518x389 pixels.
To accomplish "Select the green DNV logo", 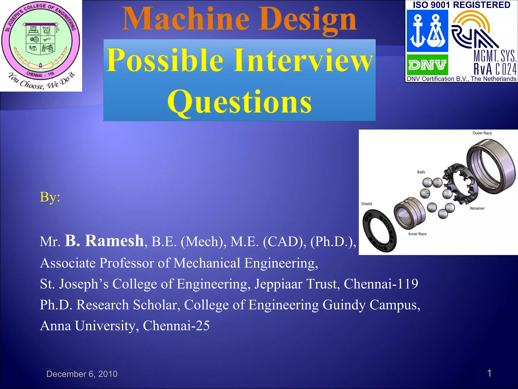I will point(427,65).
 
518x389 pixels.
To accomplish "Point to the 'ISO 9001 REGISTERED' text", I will point(461,5).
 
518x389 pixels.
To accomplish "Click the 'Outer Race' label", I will point(482,133).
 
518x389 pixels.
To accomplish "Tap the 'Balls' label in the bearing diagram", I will point(421,172).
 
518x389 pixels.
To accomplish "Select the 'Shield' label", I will point(366,204).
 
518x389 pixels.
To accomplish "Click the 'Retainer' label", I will point(477,208).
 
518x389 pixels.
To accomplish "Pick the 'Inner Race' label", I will point(417,234).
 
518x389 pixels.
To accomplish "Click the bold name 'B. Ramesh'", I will point(104,241).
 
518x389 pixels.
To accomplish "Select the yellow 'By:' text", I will point(50,197).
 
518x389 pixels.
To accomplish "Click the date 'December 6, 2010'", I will point(82,374).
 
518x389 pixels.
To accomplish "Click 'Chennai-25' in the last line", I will point(176,326).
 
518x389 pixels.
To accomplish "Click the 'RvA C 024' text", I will point(495,69).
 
